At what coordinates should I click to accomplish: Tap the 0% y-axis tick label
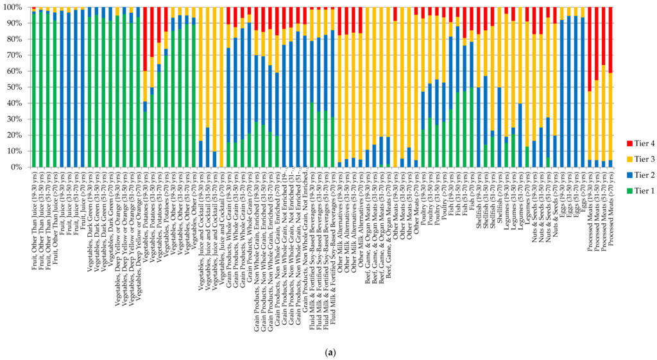tap(17, 167)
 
